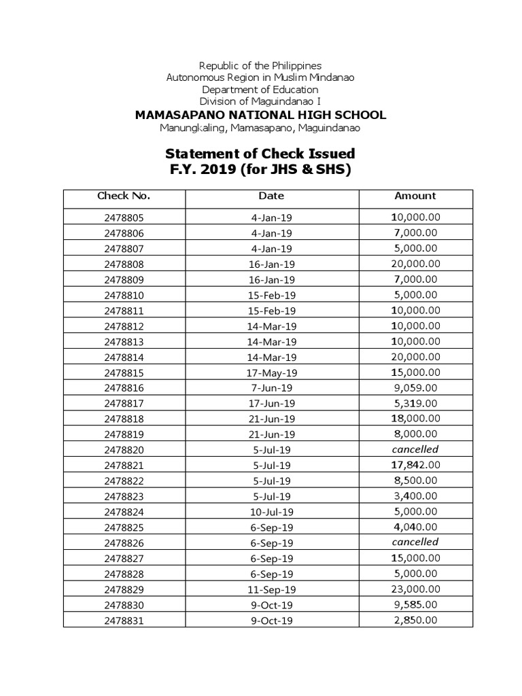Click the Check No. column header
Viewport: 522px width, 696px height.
124,196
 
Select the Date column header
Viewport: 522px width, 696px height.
271,196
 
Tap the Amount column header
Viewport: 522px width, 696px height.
415,196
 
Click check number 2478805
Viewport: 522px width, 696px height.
124,218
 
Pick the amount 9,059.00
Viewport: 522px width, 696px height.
415,388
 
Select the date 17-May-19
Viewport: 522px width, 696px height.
271,373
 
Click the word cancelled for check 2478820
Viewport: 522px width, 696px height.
415,449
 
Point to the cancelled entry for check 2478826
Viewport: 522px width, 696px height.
415,542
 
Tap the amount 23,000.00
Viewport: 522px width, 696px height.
415,589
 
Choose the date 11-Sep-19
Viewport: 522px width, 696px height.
271,589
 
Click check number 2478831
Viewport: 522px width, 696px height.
124,621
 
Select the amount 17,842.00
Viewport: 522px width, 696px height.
415,465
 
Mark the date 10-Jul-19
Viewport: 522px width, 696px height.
271,512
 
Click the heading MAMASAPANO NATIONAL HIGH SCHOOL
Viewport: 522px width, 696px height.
260,115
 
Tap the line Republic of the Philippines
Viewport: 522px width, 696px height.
260,65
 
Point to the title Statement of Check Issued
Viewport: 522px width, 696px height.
260,154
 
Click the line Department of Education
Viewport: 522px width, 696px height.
260,90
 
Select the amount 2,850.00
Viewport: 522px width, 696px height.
415,620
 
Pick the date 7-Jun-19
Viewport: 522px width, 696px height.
271,388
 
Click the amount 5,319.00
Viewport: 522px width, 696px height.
415,403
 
